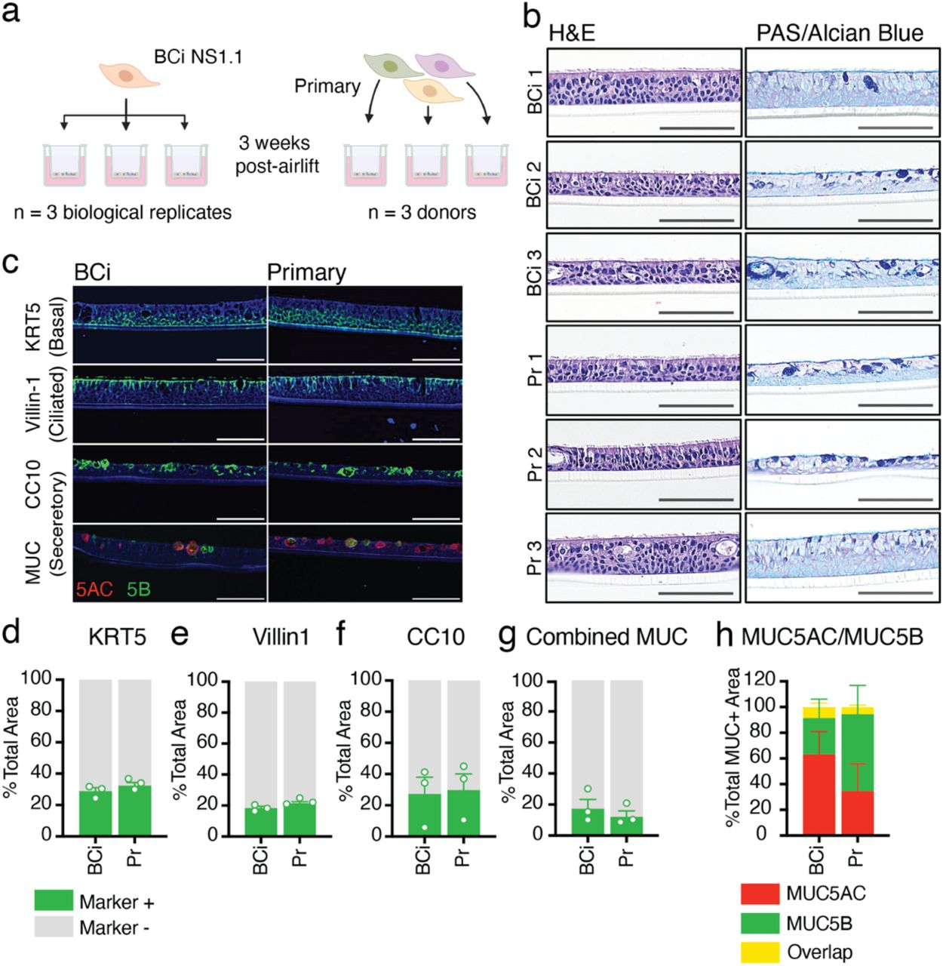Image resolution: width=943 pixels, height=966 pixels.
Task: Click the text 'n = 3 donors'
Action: [x=422, y=212]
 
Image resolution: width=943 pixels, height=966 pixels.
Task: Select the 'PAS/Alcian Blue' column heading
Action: [x=840, y=33]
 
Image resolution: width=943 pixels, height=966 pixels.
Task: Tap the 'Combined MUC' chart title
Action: [x=607, y=638]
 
